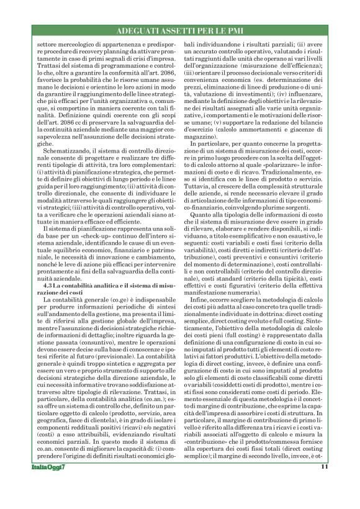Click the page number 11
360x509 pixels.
pyautogui.click(x=325, y=485)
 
